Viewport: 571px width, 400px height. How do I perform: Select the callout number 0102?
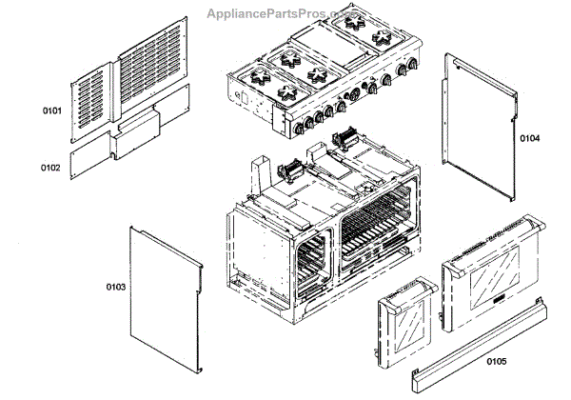pyautogui.click(x=51, y=168)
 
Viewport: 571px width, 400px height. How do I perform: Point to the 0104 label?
pyautogui.click(x=529, y=138)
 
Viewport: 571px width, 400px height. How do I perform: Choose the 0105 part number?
pyautogui.click(x=495, y=361)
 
